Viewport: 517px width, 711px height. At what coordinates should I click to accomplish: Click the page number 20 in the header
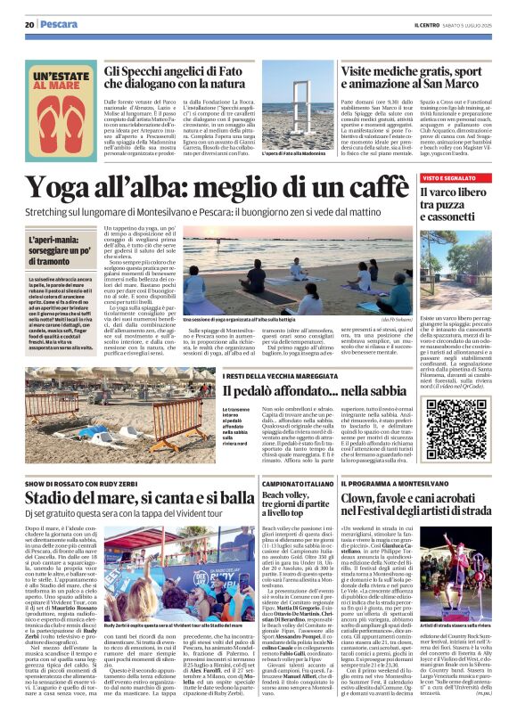pos(29,25)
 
